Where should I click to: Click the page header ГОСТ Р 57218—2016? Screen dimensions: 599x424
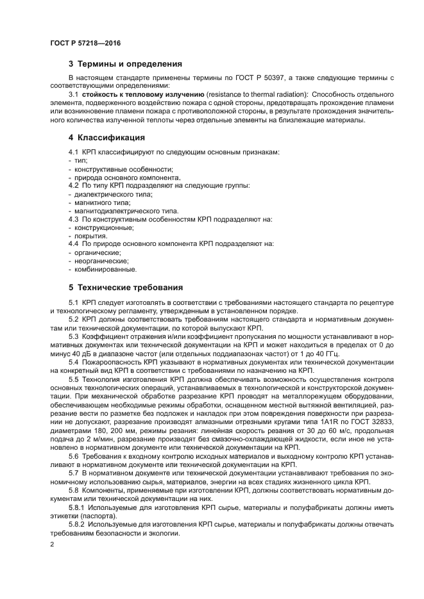tap(85, 43)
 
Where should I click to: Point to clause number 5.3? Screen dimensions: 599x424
tap(74, 336)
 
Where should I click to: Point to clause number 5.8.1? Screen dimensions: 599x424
tap(77, 507)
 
